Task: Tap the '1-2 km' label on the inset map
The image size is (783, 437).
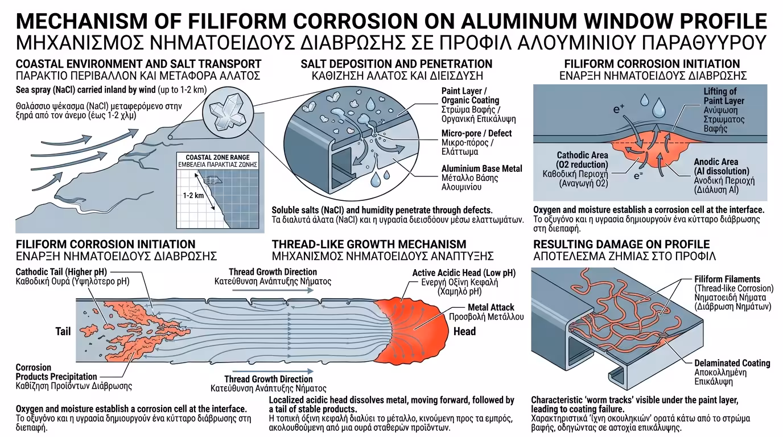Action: pos(193,195)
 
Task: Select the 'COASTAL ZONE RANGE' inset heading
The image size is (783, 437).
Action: pos(217,157)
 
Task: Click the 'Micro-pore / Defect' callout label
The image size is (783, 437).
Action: pos(476,133)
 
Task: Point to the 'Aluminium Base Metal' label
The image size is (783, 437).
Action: pos(481,168)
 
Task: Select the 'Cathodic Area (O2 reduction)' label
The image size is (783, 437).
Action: pos(582,160)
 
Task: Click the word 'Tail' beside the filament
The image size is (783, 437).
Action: pos(63,331)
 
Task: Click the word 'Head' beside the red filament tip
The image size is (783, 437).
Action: pos(464,331)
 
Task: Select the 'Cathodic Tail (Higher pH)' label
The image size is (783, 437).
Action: pos(61,271)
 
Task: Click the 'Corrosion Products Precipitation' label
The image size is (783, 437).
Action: pos(56,372)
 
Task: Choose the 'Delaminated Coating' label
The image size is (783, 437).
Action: pos(732,363)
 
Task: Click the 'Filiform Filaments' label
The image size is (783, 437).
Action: pos(727,279)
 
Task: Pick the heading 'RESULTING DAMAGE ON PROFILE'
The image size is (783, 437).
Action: pos(621,244)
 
